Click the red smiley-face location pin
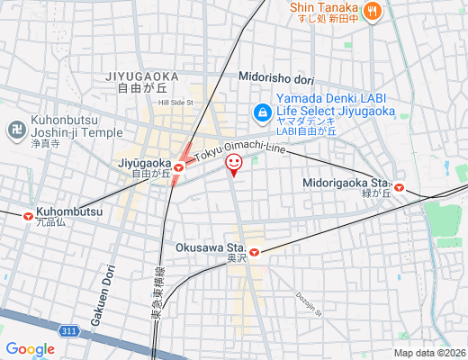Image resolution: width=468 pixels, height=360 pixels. point(233,163)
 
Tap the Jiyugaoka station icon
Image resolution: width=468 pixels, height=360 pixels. point(179,166)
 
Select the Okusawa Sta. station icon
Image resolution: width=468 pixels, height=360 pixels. point(255,253)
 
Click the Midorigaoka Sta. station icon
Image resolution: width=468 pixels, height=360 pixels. point(399,188)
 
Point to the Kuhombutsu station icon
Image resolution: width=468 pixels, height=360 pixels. point(28,216)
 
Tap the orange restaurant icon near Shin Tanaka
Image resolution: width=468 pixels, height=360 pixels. point(373,12)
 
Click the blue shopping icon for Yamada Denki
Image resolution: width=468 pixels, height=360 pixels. point(262,112)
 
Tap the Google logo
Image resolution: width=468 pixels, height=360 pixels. point(30,349)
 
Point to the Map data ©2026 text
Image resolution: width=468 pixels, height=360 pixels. point(429,353)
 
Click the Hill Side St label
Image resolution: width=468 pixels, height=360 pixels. point(175,103)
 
